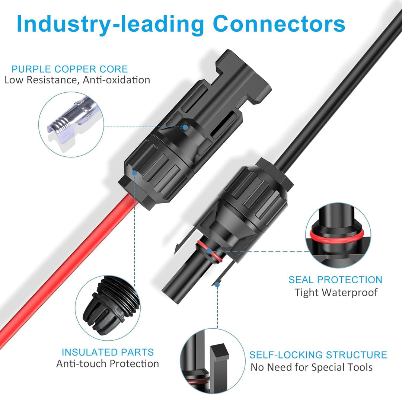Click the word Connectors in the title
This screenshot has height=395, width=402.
[x=279, y=24]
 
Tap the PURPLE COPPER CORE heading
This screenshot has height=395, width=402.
[x=70, y=69]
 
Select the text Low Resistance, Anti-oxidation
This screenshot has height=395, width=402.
[x=77, y=80]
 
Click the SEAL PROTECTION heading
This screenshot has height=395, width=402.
[x=335, y=280]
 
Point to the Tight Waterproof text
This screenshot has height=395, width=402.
[x=336, y=292]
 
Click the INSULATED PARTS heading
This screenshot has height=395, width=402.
[x=108, y=352]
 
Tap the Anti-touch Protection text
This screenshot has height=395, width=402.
[x=108, y=364]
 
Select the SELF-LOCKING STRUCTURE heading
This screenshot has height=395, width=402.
[x=318, y=355]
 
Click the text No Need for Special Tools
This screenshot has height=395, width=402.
[x=312, y=367]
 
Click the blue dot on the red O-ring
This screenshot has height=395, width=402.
[x=209, y=251]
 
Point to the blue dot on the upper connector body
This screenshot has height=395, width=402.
[x=185, y=127]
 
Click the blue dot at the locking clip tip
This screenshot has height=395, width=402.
[x=217, y=284]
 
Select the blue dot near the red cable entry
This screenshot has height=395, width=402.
[x=134, y=173]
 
